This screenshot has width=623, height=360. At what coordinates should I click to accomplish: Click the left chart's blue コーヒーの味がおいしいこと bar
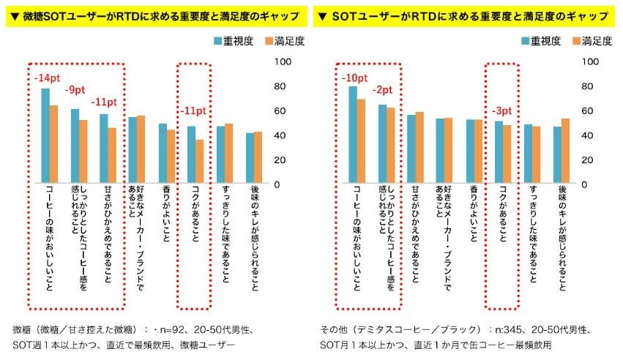pyautogui.click(x=45, y=135)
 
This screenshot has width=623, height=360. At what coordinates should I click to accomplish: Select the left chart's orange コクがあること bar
pyautogui.click(x=199, y=161)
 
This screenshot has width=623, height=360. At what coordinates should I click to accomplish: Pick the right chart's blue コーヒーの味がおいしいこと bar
pyautogui.click(x=353, y=135)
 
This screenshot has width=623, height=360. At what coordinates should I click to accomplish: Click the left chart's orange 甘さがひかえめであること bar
pyautogui.click(x=111, y=155)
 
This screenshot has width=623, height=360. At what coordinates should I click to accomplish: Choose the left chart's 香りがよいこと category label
pyautogui.click(x=165, y=215)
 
